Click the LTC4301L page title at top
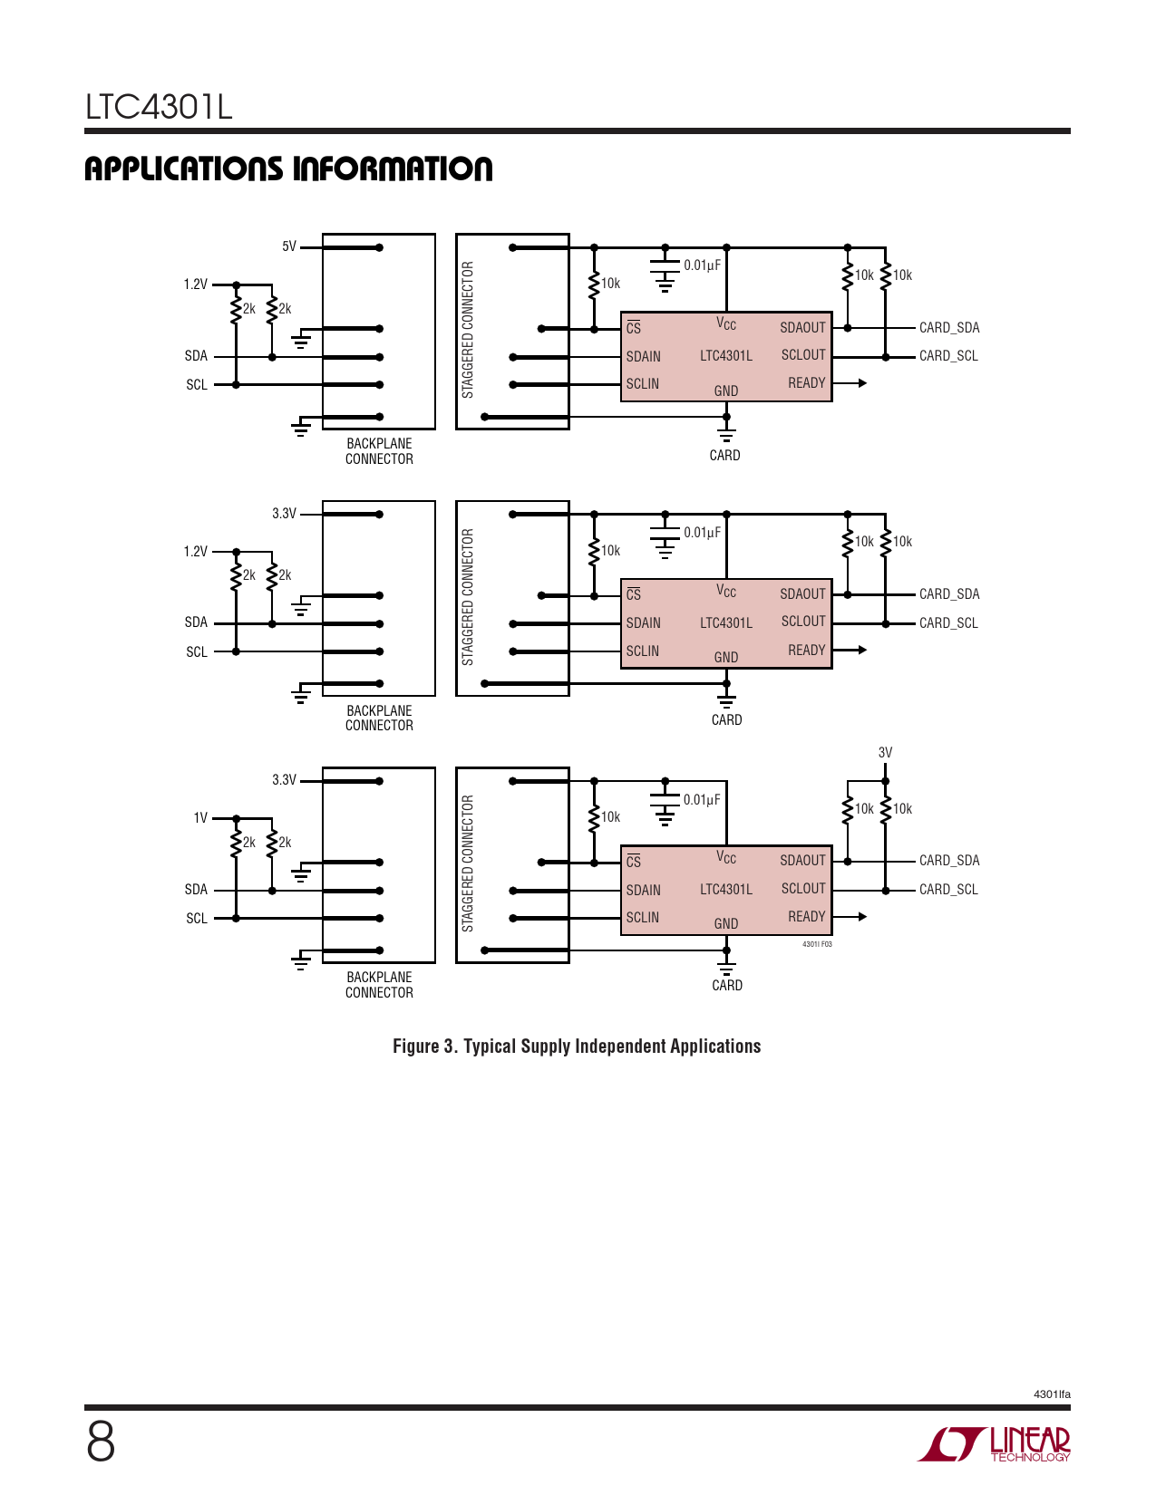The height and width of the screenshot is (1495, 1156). pos(159,107)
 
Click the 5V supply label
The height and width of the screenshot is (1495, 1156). pos(289,246)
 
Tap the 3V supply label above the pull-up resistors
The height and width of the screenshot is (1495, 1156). pos(885,753)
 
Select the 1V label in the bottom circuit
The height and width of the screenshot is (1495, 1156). pos(200,818)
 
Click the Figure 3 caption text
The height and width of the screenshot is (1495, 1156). pos(577,1046)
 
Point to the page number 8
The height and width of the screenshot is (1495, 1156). pos(101,1442)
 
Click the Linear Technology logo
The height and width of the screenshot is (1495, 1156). pos(994,1443)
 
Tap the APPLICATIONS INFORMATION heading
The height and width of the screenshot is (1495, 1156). pos(288,169)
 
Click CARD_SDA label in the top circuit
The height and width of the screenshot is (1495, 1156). pos(949,328)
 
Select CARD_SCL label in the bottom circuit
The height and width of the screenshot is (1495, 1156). pos(948,890)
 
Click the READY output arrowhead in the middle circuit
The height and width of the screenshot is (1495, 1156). pos(862,650)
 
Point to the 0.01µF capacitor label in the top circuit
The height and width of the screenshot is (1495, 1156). pos(702,265)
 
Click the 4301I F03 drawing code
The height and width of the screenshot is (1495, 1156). pos(817,944)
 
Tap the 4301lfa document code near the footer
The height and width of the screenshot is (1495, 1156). pos(1052,1394)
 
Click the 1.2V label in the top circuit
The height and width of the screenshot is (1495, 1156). pos(196,285)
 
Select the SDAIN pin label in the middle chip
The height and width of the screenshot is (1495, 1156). pos(644,623)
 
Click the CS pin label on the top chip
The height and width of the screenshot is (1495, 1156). pos(634,328)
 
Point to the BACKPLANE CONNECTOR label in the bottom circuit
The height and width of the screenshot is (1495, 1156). pos(379,985)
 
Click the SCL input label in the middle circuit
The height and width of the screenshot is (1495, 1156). pos(197,652)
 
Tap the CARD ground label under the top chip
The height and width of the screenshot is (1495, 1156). pos(724,456)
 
